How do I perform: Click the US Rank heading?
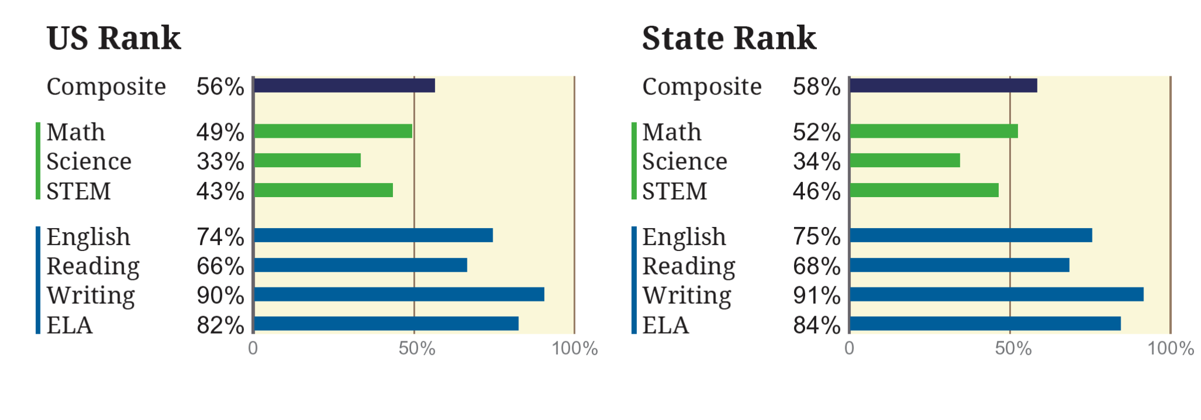[114, 39]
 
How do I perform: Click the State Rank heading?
[729, 39]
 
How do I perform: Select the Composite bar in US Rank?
[344, 86]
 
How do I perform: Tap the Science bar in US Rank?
[307, 160]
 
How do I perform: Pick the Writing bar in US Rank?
[399, 294]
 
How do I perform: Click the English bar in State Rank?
[971, 235]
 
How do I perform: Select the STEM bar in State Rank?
[924, 190]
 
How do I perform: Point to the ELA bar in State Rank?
[985, 323]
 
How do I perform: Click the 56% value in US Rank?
[220, 87]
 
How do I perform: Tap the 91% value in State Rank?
[816, 295]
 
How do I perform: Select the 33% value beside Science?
[220, 161]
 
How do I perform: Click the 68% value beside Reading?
[816, 266]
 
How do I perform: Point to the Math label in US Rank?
[76, 132]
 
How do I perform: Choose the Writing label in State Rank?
[687, 296]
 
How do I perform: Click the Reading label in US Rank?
[93, 266]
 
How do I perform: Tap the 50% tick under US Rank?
[416, 348]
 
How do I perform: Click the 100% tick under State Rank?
[1171, 348]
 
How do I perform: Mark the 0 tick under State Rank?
[849, 348]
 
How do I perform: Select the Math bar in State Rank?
[934, 131]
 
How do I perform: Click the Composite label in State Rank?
[702, 87]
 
